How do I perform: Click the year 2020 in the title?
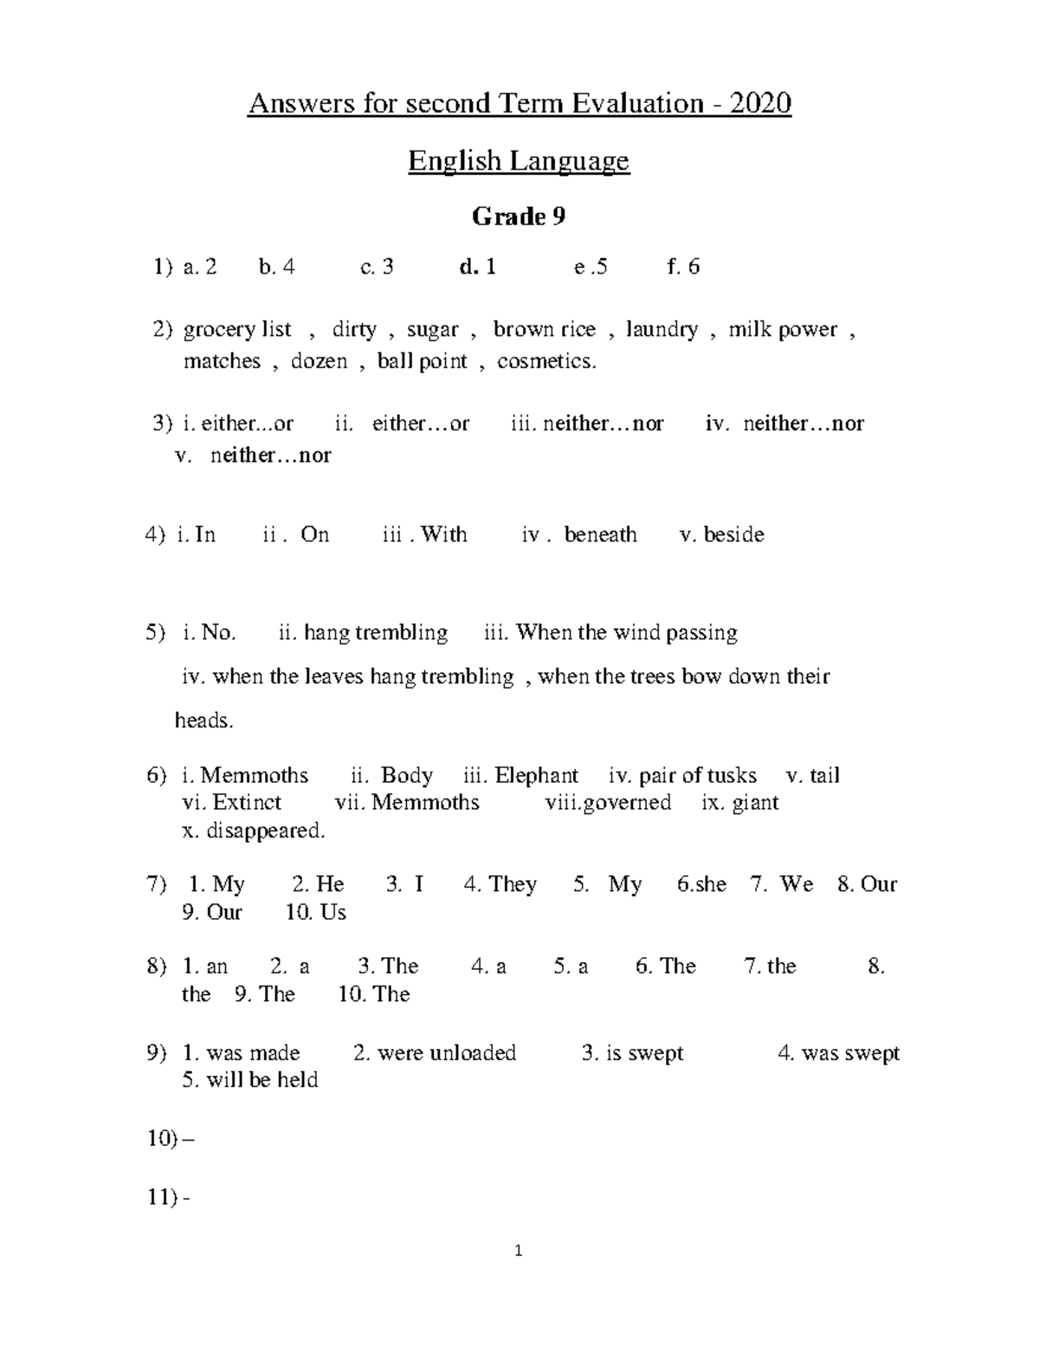pos(760,104)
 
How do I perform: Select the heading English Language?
pos(519,161)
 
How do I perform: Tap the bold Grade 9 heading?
pos(519,217)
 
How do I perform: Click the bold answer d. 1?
pos(478,267)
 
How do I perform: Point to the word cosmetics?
pos(546,361)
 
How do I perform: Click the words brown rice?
pos(544,329)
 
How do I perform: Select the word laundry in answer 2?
pos(661,329)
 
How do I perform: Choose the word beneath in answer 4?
pos(600,534)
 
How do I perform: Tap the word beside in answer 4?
pos(733,534)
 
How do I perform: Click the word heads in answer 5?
pos(203,721)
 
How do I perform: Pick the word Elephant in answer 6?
pos(536,775)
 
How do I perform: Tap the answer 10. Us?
pos(316,912)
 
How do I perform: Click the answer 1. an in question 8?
pos(206,966)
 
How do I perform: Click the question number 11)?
pos(163,1198)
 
